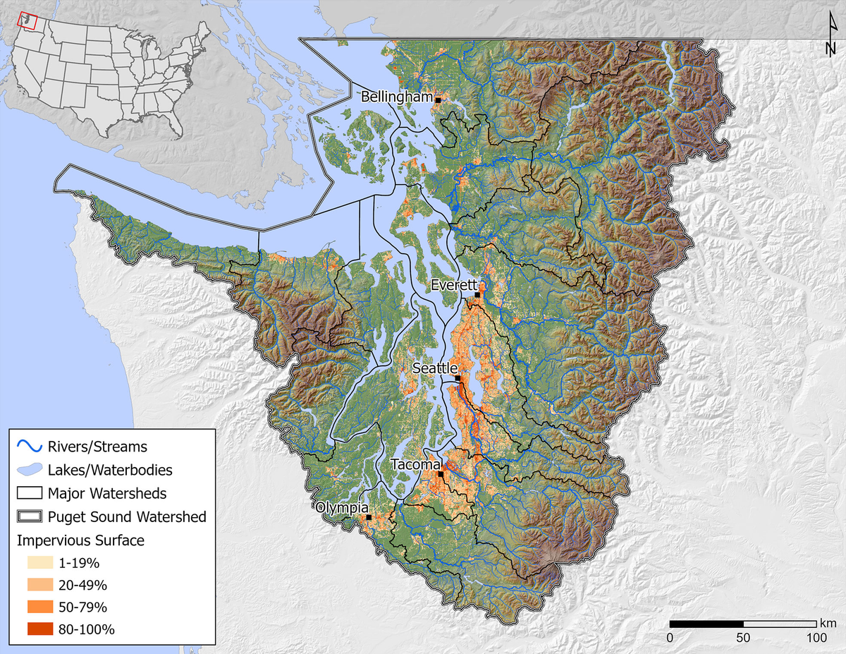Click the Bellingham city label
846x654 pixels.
coord(396,97)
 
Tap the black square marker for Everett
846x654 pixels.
coord(477,295)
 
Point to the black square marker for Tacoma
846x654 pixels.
coord(441,474)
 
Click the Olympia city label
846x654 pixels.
coord(342,507)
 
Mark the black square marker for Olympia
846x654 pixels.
coord(369,517)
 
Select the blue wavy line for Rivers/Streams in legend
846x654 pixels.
coord(30,447)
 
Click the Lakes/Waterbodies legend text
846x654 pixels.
coord(110,469)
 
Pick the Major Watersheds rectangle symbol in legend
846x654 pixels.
coord(30,492)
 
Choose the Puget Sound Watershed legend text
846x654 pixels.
coord(127,516)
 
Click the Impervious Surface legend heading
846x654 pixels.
coord(80,541)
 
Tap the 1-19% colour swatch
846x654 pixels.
coord(40,563)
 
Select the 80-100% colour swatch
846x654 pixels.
coord(40,629)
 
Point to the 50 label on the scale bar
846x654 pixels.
coord(743,638)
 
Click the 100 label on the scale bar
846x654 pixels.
coord(816,638)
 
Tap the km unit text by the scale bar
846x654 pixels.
coord(828,623)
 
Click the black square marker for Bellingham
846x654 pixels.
coord(438,101)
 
